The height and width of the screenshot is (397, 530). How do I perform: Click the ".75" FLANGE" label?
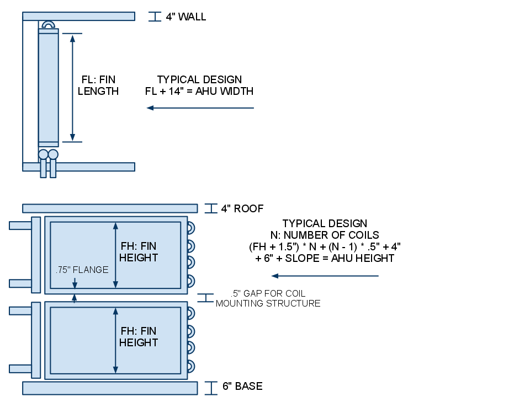[x=82, y=270]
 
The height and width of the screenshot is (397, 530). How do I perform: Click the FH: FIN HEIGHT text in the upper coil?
[x=139, y=252]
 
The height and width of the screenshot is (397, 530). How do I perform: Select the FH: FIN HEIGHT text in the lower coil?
[x=139, y=337]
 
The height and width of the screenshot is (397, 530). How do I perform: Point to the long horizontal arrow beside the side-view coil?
[x=200, y=108]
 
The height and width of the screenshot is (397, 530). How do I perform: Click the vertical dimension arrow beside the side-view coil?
[x=72, y=88]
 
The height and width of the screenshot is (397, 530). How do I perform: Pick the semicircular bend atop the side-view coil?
[x=48, y=25]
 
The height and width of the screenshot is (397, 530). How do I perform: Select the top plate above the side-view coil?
[x=78, y=17]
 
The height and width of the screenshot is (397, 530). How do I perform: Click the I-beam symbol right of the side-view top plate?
[x=155, y=17]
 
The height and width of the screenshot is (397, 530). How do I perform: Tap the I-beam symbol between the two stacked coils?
[x=205, y=298]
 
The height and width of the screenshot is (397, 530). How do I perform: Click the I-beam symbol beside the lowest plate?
[x=210, y=388]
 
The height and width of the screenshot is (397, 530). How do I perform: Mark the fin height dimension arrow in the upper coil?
[x=115, y=255]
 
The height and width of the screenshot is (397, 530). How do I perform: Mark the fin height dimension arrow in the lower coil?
[x=115, y=340]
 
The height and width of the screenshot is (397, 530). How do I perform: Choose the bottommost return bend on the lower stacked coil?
[x=190, y=366]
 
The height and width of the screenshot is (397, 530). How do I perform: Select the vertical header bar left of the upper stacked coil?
[x=36, y=255]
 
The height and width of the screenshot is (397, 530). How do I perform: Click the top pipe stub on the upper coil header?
[x=20, y=226]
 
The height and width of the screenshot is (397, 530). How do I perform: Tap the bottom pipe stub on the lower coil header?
[x=20, y=369]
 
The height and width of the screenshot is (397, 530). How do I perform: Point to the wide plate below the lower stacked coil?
[x=110, y=388]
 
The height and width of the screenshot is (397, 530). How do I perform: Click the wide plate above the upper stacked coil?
[x=110, y=208]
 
